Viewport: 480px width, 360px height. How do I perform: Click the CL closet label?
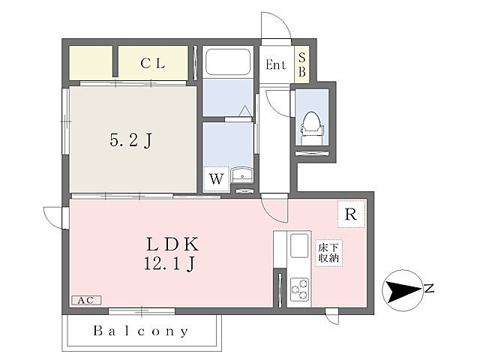click(153, 63)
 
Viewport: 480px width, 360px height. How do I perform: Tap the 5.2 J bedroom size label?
click(130, 141)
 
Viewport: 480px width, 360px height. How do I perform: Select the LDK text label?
click(172, 244)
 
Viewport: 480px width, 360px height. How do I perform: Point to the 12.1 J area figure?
click(169, 263)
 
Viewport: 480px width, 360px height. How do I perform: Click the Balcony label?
click(141, 331)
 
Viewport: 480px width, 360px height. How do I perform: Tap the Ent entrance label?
click(276, 64)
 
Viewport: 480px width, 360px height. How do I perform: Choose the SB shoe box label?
click(301, 64)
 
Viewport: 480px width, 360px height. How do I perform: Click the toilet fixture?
click(312, 127)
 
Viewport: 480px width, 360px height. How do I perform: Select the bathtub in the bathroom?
click(228, 61)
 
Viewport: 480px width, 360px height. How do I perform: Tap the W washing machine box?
click(217, 178)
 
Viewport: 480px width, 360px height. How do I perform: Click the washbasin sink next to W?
click(242, 175)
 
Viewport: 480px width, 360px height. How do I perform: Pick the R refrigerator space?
click(351, 214)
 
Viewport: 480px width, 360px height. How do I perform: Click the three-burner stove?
click(299, 289)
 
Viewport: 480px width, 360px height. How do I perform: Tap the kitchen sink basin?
click(299, 246)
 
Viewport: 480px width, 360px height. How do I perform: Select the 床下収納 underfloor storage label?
click(328, 253)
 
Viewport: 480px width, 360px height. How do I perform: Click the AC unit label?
click(85, 300)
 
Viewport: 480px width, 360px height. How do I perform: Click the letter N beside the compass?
click(430, 288)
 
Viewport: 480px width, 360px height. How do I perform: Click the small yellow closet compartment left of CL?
click(91, 63)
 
